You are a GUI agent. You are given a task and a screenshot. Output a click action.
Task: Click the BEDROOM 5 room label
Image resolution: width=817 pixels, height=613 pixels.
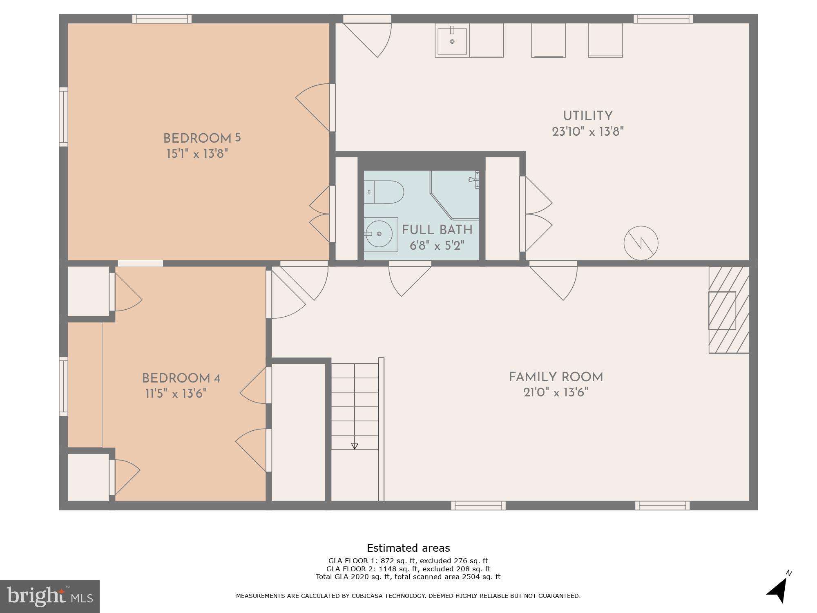tap(202, 138)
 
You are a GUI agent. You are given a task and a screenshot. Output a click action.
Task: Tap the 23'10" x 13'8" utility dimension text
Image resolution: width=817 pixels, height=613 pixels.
tap(588, 132)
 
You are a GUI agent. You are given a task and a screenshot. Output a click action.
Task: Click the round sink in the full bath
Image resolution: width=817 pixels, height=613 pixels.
tap(379, 234)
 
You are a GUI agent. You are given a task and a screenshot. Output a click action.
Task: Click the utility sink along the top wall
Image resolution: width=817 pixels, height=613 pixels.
tap(452, 40)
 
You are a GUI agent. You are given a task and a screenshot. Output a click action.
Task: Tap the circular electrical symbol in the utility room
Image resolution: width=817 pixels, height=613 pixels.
tap(641, 243)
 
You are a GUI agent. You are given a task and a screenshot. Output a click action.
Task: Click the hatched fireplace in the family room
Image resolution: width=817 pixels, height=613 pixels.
tap(728, 310)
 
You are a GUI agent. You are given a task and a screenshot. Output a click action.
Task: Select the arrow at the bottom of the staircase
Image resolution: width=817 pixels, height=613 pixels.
tap(355, 446)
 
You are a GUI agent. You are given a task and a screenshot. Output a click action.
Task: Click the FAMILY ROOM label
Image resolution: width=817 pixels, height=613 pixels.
tap(556, 377)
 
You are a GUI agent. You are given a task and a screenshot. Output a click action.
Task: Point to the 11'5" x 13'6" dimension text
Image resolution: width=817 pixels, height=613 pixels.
tap(176, 394)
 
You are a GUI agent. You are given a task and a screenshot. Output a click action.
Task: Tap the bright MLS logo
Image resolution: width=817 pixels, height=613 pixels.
tap(50, 596)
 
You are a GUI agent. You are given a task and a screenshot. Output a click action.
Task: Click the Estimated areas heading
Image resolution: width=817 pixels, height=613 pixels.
tap(408, 548)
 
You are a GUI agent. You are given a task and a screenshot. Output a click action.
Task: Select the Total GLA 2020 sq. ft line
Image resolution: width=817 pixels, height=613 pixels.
tap(408, 577)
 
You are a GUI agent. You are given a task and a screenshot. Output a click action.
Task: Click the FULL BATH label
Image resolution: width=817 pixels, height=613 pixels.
tap(437, 230)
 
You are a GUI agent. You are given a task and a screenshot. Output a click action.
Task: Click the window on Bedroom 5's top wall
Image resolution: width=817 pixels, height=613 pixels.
tap(162, 19)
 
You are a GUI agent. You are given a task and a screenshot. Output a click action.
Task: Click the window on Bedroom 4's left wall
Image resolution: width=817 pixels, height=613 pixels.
tap(63, 386)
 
